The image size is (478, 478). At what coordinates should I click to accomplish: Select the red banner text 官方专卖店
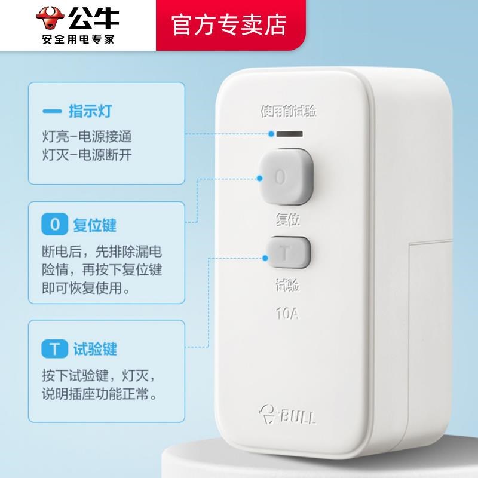coord(229,24)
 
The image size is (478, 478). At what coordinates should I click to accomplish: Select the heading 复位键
coord(94,225)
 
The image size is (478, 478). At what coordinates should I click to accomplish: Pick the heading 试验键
coord(94,348)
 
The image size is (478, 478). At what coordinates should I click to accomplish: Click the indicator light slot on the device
coord(289,134)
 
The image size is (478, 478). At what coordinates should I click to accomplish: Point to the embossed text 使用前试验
coord(288,111)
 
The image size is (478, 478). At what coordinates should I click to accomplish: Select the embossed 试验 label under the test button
coord(287,286)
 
